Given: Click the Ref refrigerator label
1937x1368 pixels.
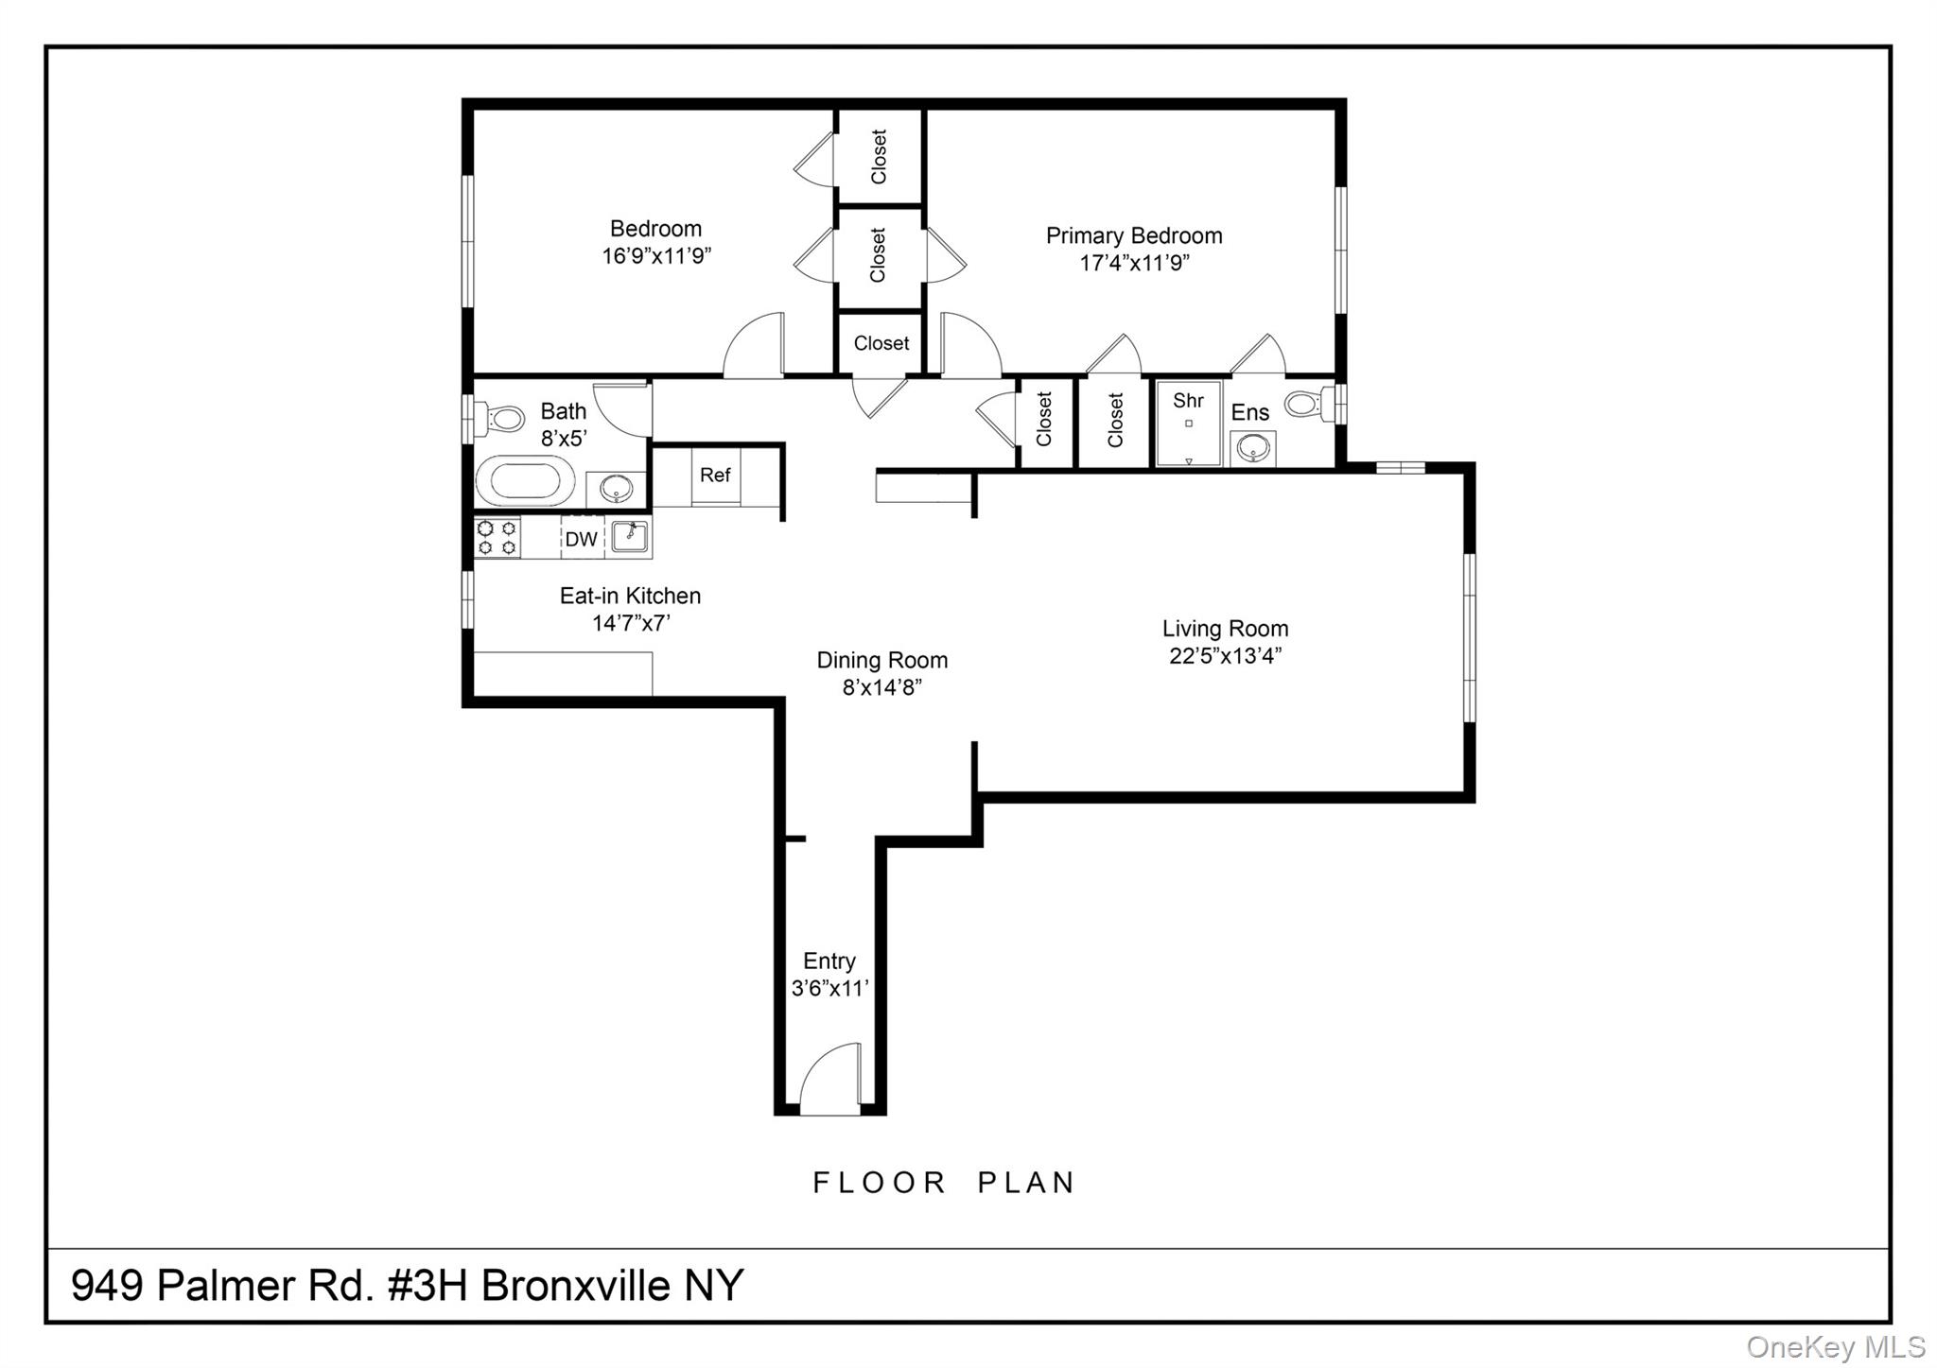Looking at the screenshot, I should tap(715, 475).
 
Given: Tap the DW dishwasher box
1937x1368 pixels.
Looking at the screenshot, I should tap(581, 539).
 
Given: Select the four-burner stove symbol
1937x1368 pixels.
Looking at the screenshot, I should tap(497, 537).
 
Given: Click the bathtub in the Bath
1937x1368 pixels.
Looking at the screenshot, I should tap(524, 481).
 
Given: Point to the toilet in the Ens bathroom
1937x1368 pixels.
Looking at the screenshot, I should tap(1306, 406).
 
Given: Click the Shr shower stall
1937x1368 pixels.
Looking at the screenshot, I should tap(1188, 424).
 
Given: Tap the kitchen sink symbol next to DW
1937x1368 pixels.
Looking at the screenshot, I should tap(628, 536).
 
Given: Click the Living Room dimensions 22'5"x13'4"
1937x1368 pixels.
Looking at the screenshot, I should tap(1225, 656).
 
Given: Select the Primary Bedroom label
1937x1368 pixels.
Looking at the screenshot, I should tap(1133, 235).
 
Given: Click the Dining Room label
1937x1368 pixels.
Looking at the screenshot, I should tap(881, 660).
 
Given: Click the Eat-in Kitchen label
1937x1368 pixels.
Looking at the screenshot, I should tap(630, 596).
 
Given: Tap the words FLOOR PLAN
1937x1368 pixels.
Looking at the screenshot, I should tap(944, 1183).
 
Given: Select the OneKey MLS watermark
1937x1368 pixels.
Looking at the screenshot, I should tap(1835, 1346).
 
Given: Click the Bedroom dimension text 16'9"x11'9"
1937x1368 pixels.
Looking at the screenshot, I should tap(656, 256).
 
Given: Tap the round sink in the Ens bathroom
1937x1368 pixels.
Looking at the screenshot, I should tap(1253, 449).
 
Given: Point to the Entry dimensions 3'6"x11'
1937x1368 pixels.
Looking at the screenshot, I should tap(829, 989).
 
